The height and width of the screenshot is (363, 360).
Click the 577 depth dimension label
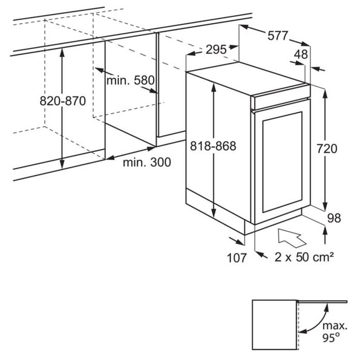[x=277, y=36]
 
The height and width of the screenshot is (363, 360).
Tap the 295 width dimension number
[x=216, y=50]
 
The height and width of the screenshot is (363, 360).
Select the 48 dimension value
[x=301, y=54]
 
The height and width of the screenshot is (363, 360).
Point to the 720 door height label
[x=327, y=149]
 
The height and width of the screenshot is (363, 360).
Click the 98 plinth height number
[x=334, y=218]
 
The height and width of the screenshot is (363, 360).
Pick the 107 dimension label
[x=237, y=258]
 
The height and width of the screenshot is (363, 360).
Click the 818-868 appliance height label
[x=213, y=146]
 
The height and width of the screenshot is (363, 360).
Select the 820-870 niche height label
[x=63, y=101]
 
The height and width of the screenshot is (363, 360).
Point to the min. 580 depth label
[x=130, y=80]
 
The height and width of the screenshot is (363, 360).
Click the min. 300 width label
[x=147, y=162]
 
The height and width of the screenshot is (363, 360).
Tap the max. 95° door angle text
[x=335, y=332]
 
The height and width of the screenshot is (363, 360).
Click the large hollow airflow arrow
[x=291, y=238]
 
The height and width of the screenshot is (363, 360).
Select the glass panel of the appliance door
[x=283, y=162]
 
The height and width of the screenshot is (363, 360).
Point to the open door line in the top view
[x=322, y=302]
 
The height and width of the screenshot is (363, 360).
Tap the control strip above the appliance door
[x=281, y=97]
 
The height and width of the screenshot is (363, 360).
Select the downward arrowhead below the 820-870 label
[x=62, y=164]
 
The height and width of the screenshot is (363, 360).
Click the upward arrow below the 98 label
[x=325, y=235]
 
